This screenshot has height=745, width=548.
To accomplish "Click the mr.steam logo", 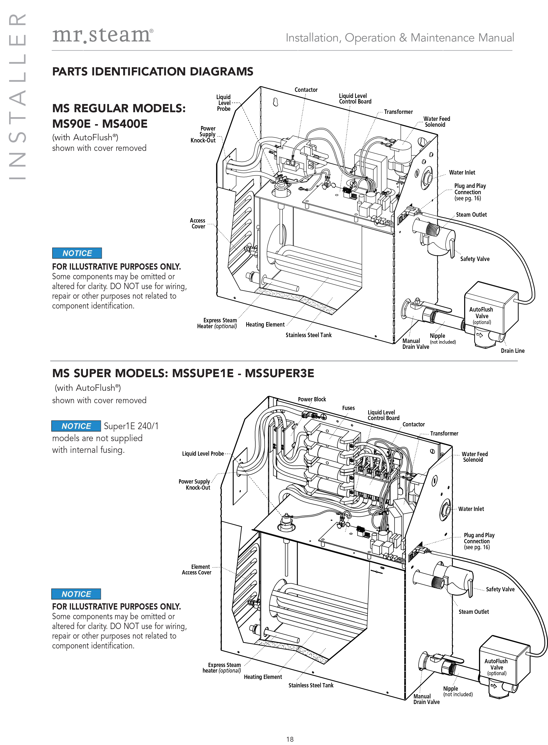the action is [103, 35].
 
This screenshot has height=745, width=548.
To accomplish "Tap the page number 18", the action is [290, 739].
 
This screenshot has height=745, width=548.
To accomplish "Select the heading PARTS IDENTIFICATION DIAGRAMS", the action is [153, 71].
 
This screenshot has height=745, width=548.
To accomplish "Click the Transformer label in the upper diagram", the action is [398, 112].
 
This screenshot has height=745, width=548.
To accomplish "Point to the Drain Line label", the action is [512, 350].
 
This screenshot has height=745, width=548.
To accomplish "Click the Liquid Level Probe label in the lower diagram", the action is [203, 454].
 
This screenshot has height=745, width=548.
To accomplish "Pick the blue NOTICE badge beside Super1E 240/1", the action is [76, 426].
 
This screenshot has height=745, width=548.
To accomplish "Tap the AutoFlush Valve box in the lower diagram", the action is [504, 661].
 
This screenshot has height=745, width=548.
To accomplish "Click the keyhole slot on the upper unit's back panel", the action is [275, 102].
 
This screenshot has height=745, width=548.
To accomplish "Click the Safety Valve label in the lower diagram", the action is [500, 589].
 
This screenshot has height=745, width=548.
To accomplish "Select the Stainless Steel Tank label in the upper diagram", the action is [309, 335].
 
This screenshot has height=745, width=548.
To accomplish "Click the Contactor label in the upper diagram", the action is [306, 90].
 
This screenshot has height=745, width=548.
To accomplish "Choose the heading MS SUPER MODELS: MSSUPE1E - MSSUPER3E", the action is [183, 373].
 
